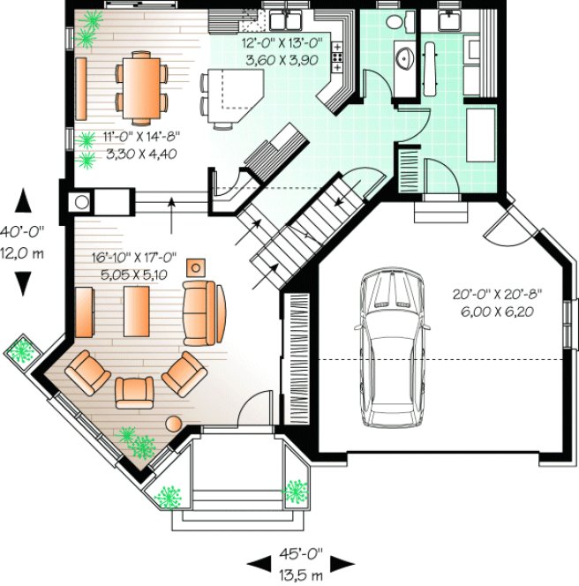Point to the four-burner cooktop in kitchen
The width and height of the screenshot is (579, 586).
336,58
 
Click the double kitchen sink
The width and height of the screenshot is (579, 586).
287,17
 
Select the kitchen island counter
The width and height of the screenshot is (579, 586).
234,93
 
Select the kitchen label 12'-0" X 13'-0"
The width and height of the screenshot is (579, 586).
283,49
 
